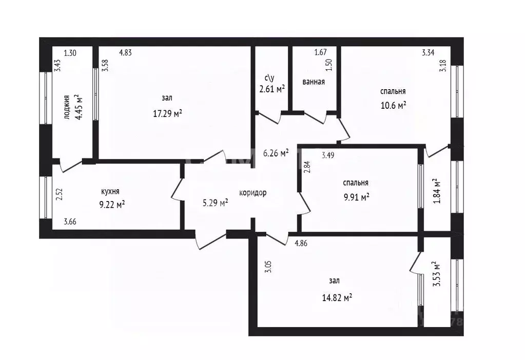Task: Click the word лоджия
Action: click(x=66, y=107)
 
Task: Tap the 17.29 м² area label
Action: click(x=167, y=113)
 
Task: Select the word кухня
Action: click(x=110, y=191)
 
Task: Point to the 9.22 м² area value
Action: click(x=112, y=204)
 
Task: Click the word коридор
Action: click(x=253, y=193)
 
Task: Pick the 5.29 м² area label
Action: click(x=216, y=203)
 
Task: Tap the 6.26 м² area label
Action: click(x=276, y=153)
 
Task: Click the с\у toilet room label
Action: click(x=269, y=78)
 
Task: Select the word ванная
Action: click(x=314, y=82)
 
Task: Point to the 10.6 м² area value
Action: click(x=394, y=106)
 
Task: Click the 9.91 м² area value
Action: click(x=357, y=197)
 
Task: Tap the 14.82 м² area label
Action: click(x=337, y=297)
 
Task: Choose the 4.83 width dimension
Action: click(x=126, y=52)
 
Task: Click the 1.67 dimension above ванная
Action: click(x=320, y=52)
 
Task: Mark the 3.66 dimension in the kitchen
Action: click(x=70, y=222)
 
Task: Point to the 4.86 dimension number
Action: click(x=301, y=243)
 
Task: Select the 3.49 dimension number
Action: click(x=328, y=155)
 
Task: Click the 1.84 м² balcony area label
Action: click(x=437, y=191)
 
